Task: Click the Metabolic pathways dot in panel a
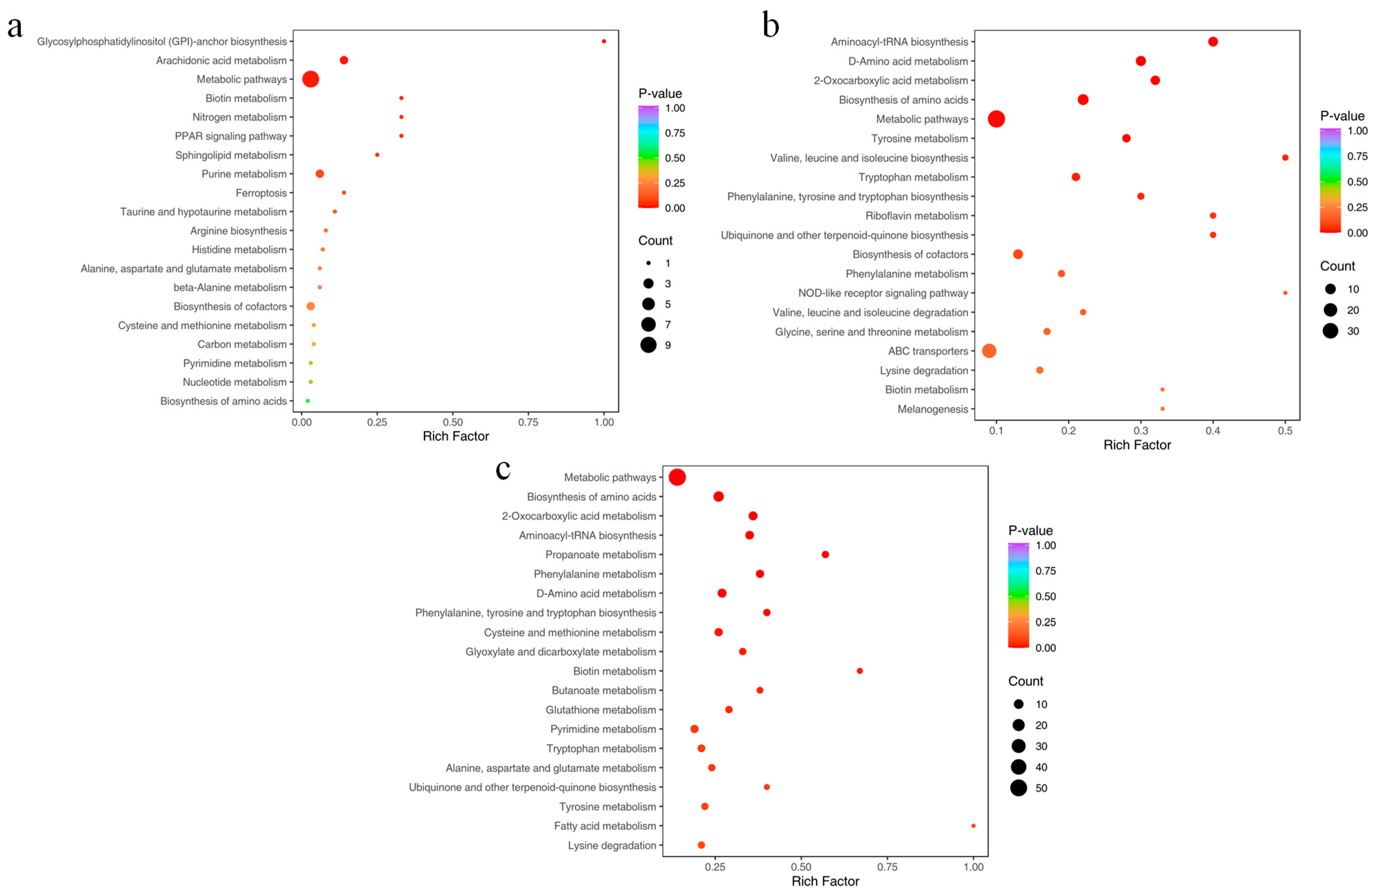pyautogui.click(x=310, y=79)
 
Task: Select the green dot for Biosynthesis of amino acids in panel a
pyautogui.click(x=308, y=401)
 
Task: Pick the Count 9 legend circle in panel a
pyautogui.click(x=648, y=345)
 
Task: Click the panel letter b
pyautogui.click(x=771, y=26)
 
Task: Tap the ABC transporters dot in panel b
pyautogui.click(x=989, y=351)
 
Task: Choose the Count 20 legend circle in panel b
pyautogui.click(x=1330, y=310)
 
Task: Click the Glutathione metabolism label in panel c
pyautogui.click(x=601, y=709)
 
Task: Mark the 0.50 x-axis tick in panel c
pyautogui.click(x=801, y=867)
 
